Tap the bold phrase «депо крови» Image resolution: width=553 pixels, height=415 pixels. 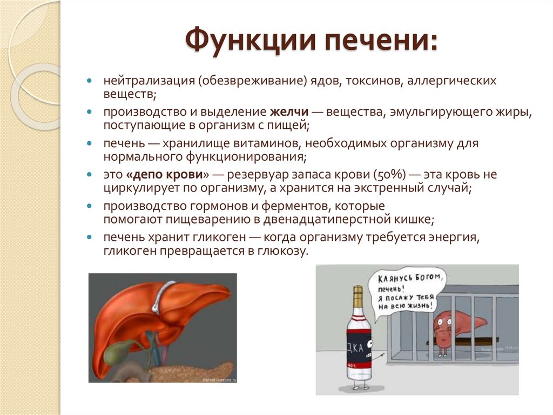[168, 175]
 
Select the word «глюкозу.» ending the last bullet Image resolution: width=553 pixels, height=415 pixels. [287, 251]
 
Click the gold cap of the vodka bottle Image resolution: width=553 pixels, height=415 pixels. [357, 295]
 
